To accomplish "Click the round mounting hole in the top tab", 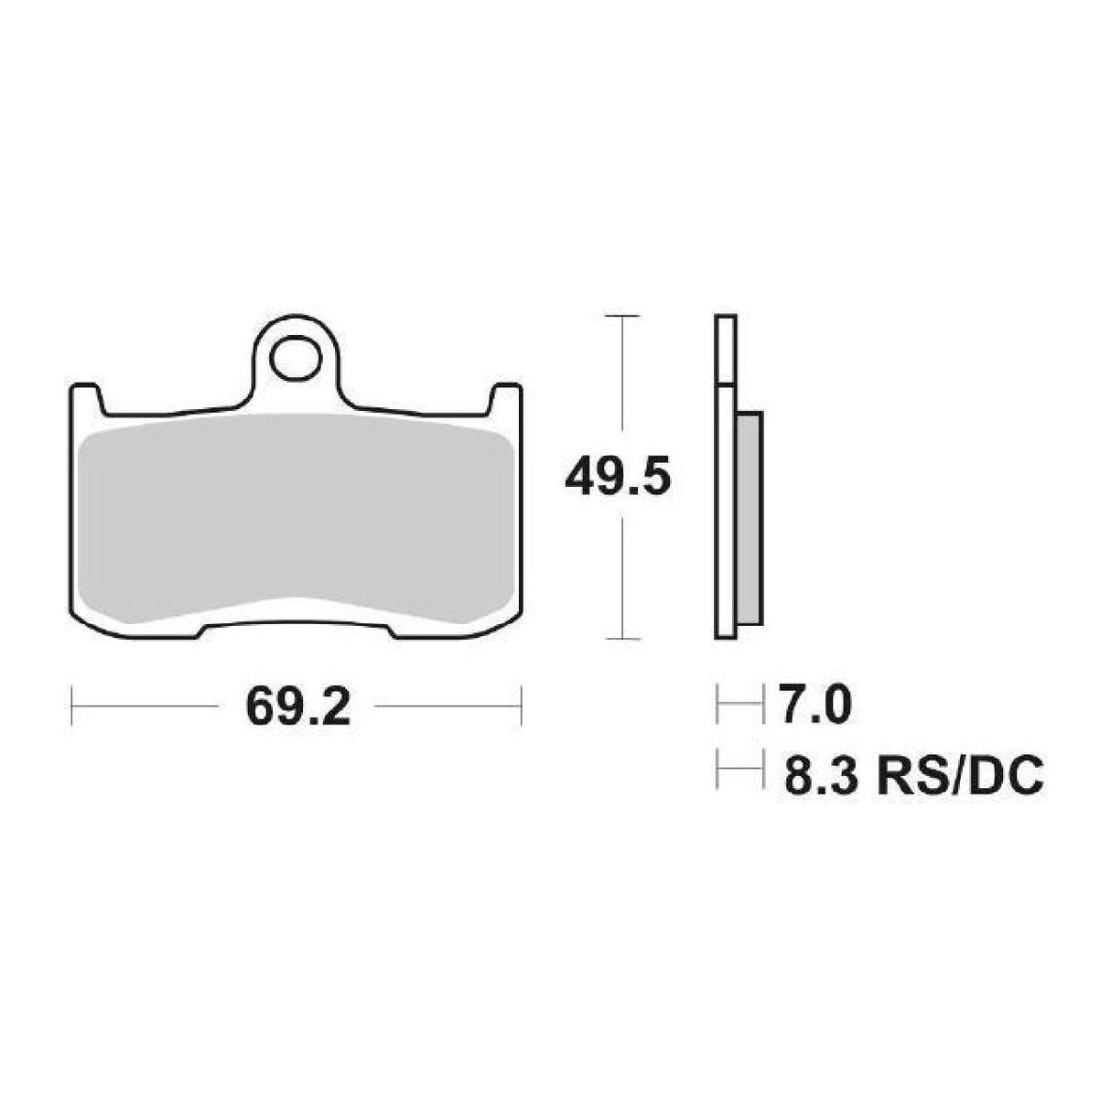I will (x=295, y=351).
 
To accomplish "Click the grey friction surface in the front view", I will (x=295, y=522).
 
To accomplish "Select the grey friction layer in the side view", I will (x=748, y=517).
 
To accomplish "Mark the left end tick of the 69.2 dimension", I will (x=72, y=706).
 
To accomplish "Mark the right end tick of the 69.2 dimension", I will (x=521, y=706).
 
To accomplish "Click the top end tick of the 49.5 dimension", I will (x=622, y=316).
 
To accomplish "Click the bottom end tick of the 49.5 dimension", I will (x=622, y=638).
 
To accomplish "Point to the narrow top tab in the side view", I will (x=725, y=349).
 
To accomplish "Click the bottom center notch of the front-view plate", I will (x=297, y=628).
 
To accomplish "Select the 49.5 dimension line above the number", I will (x=622, y=375).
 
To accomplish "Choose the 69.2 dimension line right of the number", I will (x=448, y=706).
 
